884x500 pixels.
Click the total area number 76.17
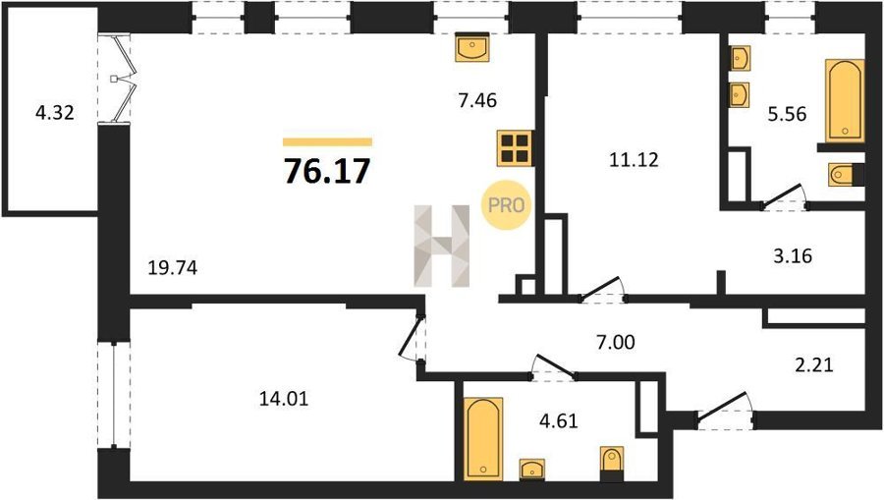(327, 171)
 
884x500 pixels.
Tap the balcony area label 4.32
(55, 113)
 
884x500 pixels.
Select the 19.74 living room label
(173, 268)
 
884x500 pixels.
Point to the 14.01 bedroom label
(284, 399)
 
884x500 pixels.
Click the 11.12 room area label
(634, 160)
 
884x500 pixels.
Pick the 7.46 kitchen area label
(477, 100)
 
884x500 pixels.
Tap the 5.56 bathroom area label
(787, 114)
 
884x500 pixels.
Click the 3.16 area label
(793, 256)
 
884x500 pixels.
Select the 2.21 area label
(813, 364)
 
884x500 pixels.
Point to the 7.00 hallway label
(615, 342)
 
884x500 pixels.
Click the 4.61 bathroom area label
(558, 421)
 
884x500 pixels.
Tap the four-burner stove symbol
(515, 148)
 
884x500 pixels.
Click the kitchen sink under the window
(472, 47)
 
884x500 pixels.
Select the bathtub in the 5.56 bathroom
(845, 100)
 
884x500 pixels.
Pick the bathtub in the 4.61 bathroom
(483, 439)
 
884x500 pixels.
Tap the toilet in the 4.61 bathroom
(612, 464)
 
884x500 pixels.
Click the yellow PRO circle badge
(506, 205)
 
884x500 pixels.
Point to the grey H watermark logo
(442, 246)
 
